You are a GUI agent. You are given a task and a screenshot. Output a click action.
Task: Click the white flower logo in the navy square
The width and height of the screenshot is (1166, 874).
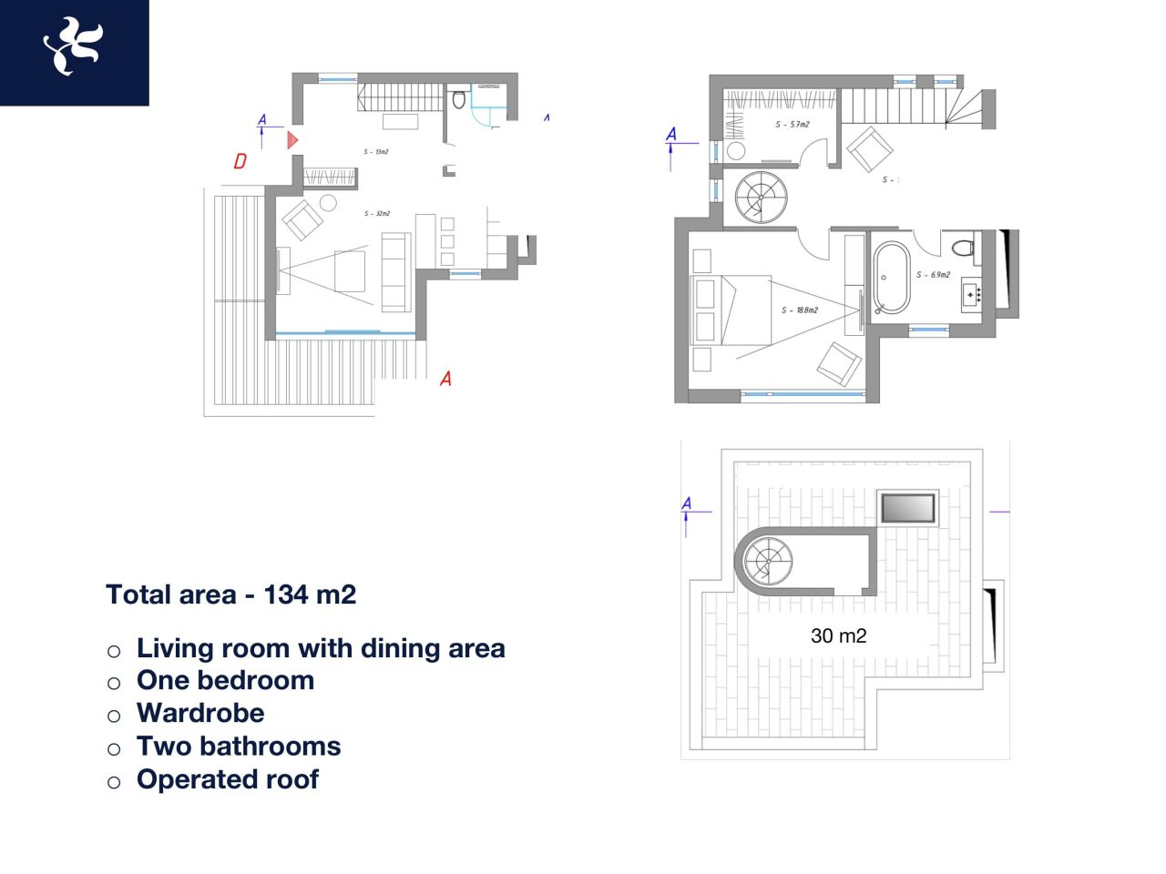coord(72,46)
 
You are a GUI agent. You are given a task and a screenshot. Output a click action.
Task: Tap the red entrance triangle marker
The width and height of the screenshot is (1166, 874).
coord(292,140)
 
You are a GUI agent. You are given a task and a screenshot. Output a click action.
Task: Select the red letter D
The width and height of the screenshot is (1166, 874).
coord(240,161)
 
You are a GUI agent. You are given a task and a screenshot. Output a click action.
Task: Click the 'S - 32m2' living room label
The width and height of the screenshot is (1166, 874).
coord(376,214)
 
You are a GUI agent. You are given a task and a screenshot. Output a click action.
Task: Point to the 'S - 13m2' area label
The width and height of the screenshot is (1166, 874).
coord(375,152)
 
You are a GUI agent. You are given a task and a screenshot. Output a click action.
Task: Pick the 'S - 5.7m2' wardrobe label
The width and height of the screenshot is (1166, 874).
coord(793,125)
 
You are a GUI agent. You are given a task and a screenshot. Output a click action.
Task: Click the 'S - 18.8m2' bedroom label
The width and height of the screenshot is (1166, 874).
coord(799,310)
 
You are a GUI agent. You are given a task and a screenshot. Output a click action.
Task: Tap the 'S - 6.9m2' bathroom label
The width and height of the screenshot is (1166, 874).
coord(933,275)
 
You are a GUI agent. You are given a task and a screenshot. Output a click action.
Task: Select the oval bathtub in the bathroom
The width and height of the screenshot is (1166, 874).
coord(891,277)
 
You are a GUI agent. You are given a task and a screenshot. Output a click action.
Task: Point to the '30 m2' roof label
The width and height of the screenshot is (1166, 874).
coord(838,636)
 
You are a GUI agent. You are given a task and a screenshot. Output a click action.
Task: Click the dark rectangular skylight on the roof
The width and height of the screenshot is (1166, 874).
coord(907,508)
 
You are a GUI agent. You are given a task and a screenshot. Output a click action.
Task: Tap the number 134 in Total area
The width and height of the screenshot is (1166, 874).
coord(285,595)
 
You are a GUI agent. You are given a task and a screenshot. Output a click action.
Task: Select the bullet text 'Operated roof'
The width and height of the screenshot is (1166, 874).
coord(228,779)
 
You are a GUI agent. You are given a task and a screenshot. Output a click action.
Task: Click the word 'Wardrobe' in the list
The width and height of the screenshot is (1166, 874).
coord(200,713)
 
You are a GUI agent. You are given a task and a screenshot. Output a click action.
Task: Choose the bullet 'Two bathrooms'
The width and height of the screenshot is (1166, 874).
coord(239,747)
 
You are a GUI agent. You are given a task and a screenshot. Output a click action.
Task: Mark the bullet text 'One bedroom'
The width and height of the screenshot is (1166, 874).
coord(225,680)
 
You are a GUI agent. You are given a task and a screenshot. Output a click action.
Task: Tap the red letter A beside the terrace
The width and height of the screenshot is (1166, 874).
coord(445,379)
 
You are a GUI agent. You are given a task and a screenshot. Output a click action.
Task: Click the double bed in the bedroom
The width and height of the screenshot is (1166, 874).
coord(731,310)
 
